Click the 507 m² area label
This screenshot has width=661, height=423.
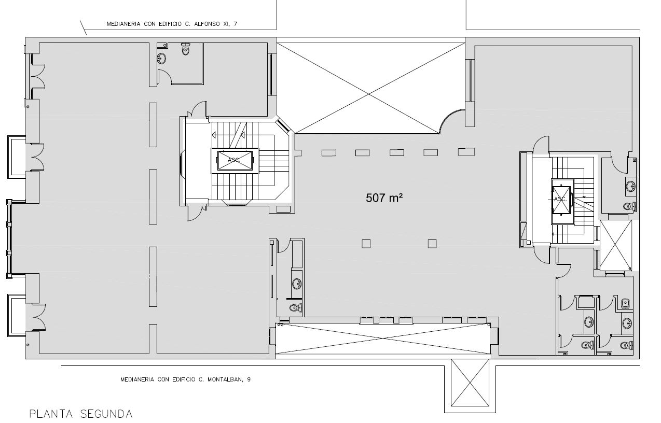point(384,198)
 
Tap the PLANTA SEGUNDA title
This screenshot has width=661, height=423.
point(81,414)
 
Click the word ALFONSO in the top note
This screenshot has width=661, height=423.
point(207,24)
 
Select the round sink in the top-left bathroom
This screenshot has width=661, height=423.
point(161,58)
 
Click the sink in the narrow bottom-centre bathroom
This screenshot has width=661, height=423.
point(297,284)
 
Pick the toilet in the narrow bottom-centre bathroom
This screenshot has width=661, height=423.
point(295,308)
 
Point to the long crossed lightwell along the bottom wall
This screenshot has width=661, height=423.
point(383,338)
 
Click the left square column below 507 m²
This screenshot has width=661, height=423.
point(366,244)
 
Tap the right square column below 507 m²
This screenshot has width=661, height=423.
point(432,244)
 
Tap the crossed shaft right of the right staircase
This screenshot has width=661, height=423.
point(616,245)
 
